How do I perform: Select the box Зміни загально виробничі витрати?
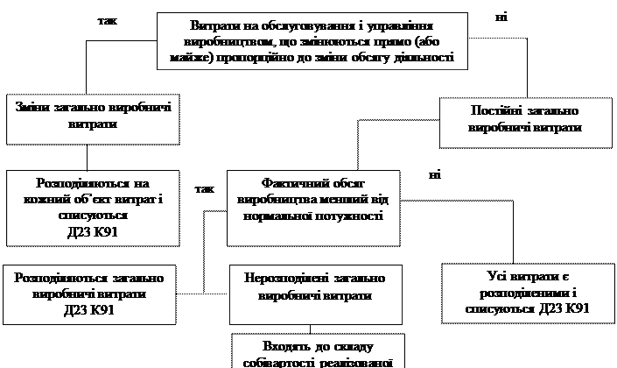pos(91,120)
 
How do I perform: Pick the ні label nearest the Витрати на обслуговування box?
pos(499,17)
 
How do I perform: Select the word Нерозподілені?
pos(281,278)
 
